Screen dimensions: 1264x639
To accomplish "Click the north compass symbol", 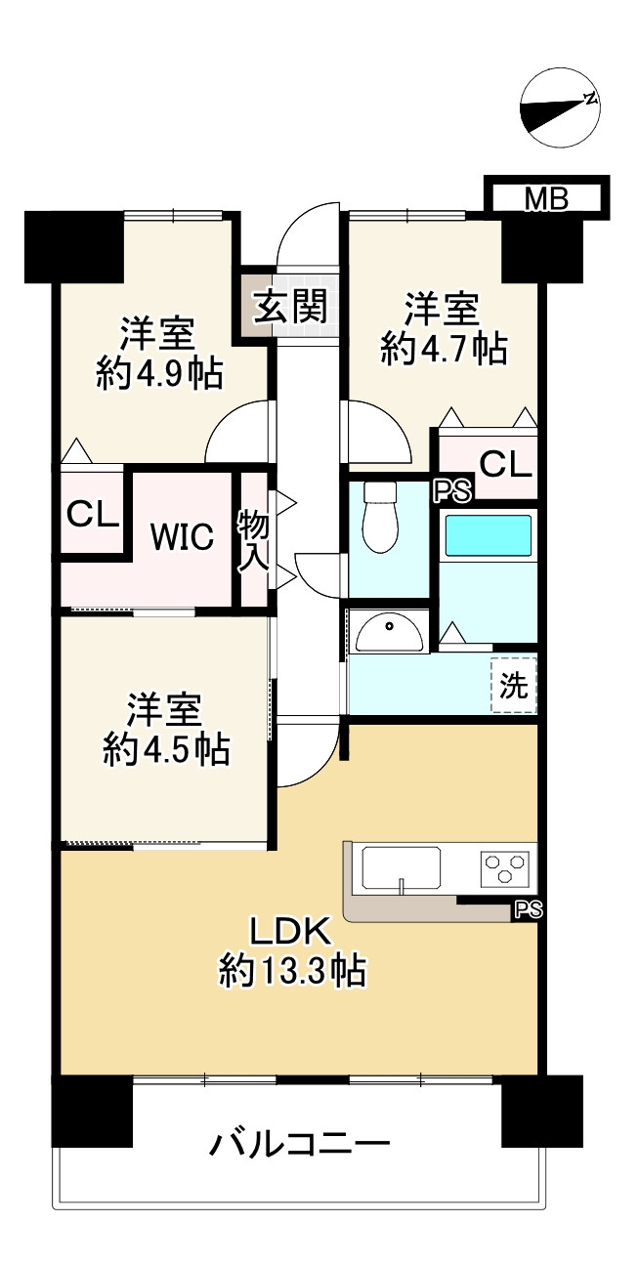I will click(x=560, y=109).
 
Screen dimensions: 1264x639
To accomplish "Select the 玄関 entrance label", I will click(x=289, y=306).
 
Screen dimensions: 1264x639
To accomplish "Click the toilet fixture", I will click(x=380, y=517).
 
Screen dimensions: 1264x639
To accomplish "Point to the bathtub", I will click(x=488, y=536).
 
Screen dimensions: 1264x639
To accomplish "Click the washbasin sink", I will click(x=389, y=632).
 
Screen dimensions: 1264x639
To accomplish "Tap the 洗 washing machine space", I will click(x=513, y=686).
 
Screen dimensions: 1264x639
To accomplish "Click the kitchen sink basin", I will click(x=402, y=867).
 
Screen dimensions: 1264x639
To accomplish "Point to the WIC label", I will click(x=181, y=536).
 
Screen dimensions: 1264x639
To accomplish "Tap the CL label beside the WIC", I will click(x=92, y=514).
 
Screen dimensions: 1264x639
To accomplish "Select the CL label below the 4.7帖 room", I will click(x=505, y=464).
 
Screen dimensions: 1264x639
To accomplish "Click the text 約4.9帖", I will click(x=158, y=372).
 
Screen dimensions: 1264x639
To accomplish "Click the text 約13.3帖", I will click(x=292, y=971).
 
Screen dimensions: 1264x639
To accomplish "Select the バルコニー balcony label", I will click(x=299, y=1142).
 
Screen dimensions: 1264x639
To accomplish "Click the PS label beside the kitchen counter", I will click(x=528, y=910).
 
